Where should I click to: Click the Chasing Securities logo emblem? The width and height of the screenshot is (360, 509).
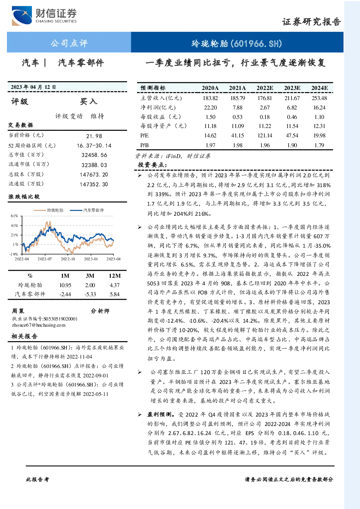[22, 16]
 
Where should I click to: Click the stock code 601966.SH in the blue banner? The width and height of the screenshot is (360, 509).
[256, 44]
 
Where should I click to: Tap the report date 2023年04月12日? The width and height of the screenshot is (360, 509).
[33, 87]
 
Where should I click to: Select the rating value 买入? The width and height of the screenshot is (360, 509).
[88, 102]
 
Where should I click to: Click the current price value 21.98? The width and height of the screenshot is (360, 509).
[94, 136]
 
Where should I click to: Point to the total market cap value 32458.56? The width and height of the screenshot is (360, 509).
[94, 155]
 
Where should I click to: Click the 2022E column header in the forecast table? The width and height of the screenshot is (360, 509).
[265, 88]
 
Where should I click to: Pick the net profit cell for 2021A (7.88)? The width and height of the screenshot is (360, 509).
[237, 107]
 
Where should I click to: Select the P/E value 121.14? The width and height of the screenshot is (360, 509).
[265, 136]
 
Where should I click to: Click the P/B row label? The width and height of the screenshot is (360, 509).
[145, 145]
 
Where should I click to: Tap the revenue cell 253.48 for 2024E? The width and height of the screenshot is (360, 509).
[319, 98]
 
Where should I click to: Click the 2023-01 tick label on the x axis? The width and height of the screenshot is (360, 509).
[91, 259]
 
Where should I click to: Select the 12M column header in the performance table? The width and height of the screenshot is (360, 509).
[115, 276]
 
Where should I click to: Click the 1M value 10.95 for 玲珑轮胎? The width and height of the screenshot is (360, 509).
[65, 285]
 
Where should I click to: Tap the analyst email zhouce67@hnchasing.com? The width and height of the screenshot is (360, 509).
[39, 325]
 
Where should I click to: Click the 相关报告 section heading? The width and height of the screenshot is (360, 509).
[25, 336]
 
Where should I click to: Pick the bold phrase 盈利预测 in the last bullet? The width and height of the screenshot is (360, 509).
[159, 414]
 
